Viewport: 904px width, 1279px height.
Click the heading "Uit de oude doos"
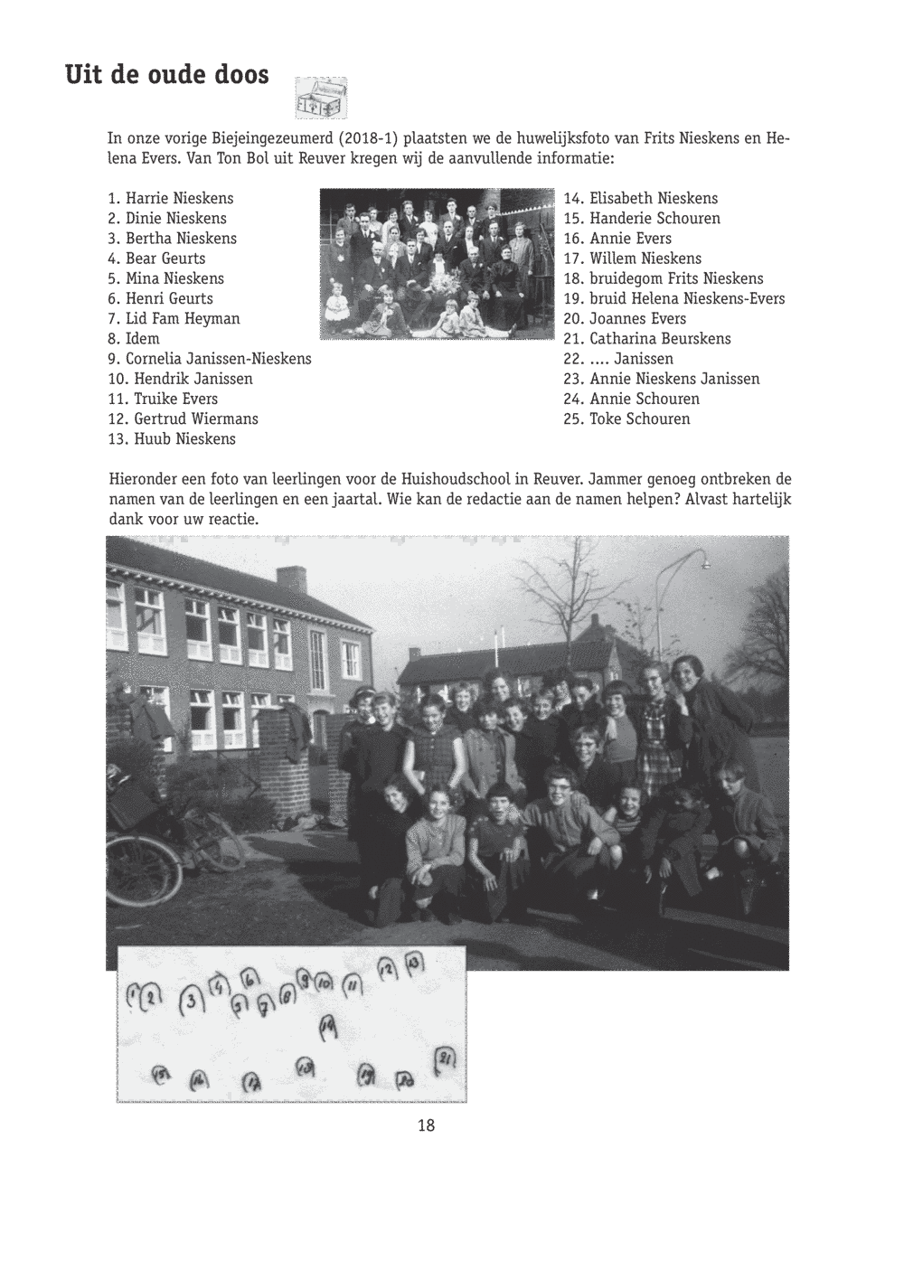(x=166, y=75)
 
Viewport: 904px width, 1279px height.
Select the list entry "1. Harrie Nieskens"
(x=170, y=199)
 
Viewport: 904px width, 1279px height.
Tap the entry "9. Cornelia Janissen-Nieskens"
(x=209, y=359)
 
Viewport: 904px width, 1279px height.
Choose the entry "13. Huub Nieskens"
(x=172, y=439)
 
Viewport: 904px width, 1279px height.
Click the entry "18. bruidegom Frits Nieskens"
(x=663, y=278)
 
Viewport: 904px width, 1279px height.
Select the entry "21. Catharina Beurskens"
(x=646, y=339)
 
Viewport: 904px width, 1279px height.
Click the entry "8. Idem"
(x=133, y=339)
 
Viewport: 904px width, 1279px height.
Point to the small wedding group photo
(x=437, y=263)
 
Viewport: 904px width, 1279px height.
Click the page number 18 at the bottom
(x=426, y=1125)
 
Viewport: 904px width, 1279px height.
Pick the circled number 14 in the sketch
(x=327, y=1025)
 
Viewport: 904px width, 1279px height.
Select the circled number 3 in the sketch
(x=191, y=1001)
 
